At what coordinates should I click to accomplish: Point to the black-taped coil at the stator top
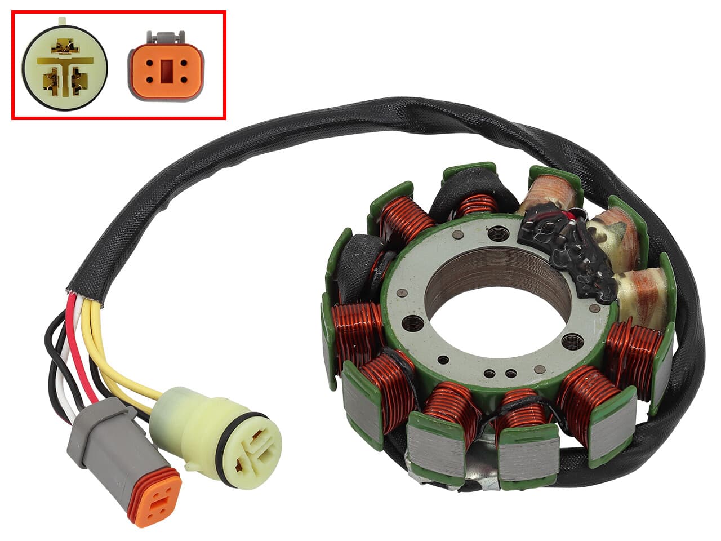pyautogui.click(x=473, y=197)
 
